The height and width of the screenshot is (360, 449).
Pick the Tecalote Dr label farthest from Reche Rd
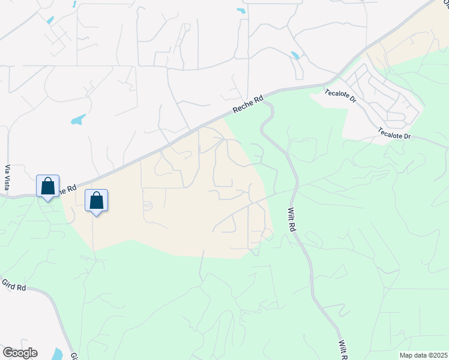[x=394, y=133]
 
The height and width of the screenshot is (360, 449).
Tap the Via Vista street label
[x=8, y=176]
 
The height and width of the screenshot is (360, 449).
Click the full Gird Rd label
[x=13, y=286]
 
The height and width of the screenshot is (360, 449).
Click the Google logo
[x=20, y=353]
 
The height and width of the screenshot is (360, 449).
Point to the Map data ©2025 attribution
[x=424, y=355]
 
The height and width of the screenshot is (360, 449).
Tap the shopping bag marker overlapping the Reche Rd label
[x=47, y=186]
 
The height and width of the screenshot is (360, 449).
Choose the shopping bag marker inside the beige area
[x=96, y=201]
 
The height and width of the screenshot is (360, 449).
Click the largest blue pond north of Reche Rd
[x=78, y=119]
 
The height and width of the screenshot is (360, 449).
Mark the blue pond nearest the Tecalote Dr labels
[x=295, y=56]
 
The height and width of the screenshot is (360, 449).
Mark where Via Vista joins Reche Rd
[x=8, y=195]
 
